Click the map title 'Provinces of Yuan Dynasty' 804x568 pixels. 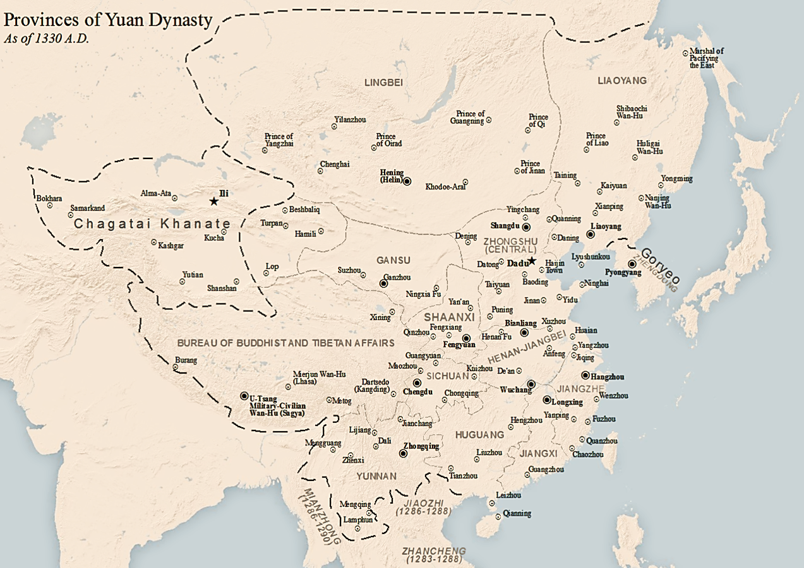click(108, 20)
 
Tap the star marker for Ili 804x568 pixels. click(214, 201)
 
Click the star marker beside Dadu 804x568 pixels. click(532, 261)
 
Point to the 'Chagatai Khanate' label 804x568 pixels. click(152, 224)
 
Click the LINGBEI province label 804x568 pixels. click(383, 83)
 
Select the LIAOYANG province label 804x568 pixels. click(621, 81)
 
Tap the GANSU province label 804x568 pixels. click(393, 260)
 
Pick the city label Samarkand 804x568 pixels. click(87, 208)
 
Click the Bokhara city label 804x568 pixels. click(49, 198)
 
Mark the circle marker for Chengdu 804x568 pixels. click(417, 382)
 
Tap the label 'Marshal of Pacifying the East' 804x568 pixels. click(706, 58)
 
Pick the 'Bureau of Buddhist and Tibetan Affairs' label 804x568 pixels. click(285, 343)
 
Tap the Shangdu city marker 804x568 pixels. click(526, 226)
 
